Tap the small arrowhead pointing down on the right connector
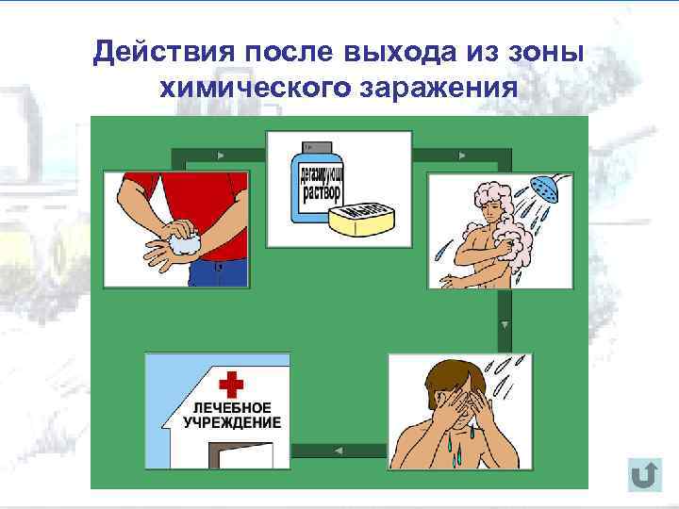(x=505, y=324)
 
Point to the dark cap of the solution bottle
(x=312, y=148)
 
